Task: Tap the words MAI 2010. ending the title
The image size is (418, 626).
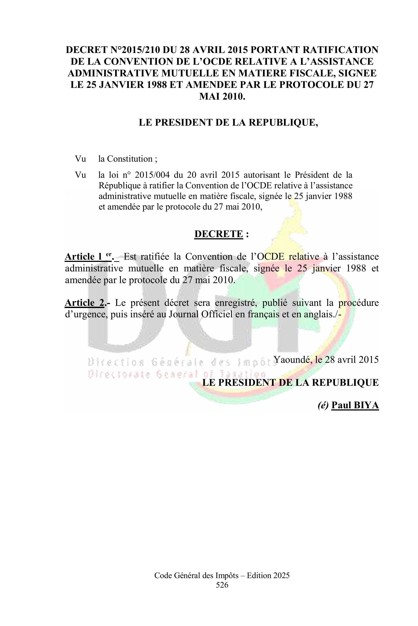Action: [x=222, y=96]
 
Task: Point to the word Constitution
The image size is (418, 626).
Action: [x=130, y=159]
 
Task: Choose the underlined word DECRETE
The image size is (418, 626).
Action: [x=219, y=234]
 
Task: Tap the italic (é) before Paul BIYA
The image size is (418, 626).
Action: [x=323, y=405]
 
